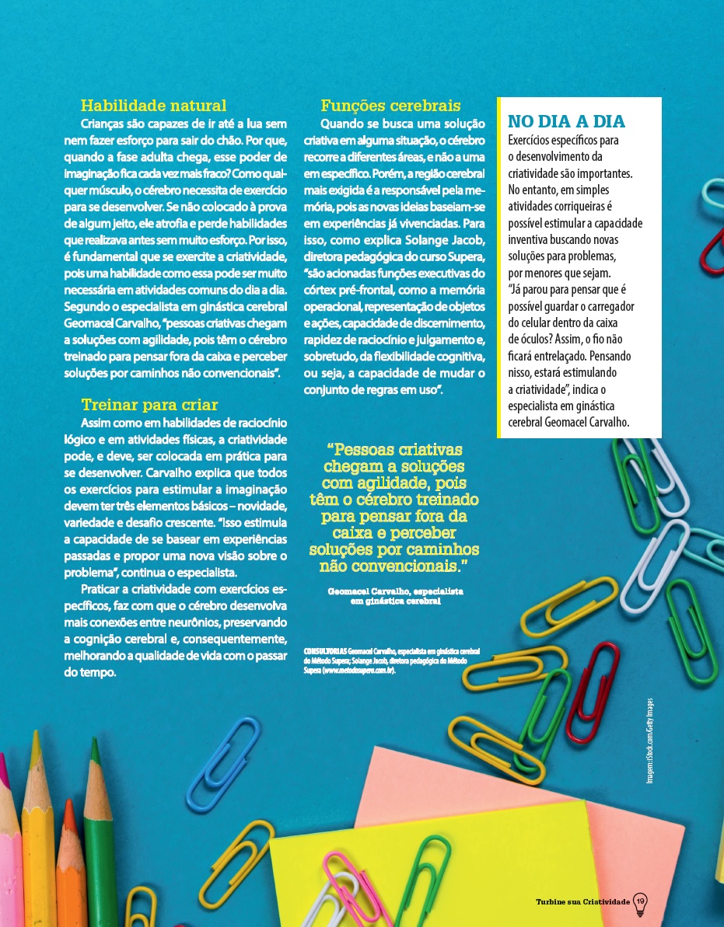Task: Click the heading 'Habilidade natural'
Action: pyautogui.click(x=154, y=106)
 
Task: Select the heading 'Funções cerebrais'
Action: pyautogui.click(x=390, y=106)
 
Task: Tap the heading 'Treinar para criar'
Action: pyautogui.click(x=149, y=405)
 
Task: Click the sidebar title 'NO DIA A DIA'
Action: pyautogui.click(x=566, y=122)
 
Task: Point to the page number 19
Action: pyautogui.click(x=641, y=901)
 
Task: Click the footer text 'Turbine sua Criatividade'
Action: pyautogui.click(x=582, y=901)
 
